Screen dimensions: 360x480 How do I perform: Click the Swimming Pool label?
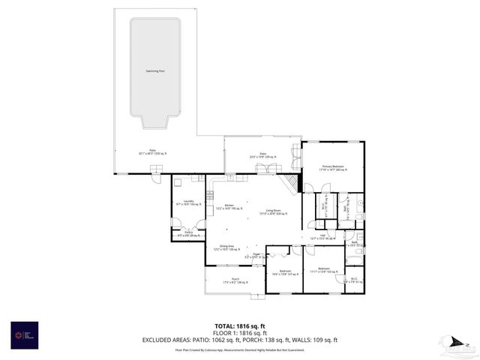pyautogui.click(x=155, y=71)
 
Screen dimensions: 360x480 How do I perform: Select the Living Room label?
pyautogui.click(x=262, y=212)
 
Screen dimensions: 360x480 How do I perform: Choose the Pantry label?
pyautogui.click(x=189, y=233)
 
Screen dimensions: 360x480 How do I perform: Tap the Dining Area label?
pyautogui.click(x=226, y=247)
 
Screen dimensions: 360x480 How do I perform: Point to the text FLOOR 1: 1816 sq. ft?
pyautogui.click(x=239, y=332)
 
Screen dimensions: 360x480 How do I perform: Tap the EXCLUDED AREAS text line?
pyautogui.click(x=239, y=340)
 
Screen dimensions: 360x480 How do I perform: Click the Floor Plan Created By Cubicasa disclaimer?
pyautogui.click(x=239, y=349)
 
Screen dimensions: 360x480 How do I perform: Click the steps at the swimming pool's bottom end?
pyautogui.click(x=155, y=123)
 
